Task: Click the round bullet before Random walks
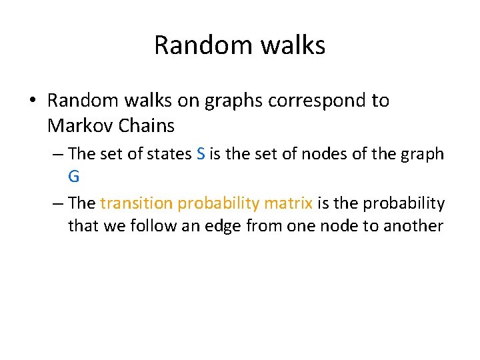[31, 101]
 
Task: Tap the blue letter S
[201, 154]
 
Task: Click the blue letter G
[74, 177]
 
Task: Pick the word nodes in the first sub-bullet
[321, 154]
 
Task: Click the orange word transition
[137, 203]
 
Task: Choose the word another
[415, 226]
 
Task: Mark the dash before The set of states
[57, 154]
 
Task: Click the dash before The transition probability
[57, 203]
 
